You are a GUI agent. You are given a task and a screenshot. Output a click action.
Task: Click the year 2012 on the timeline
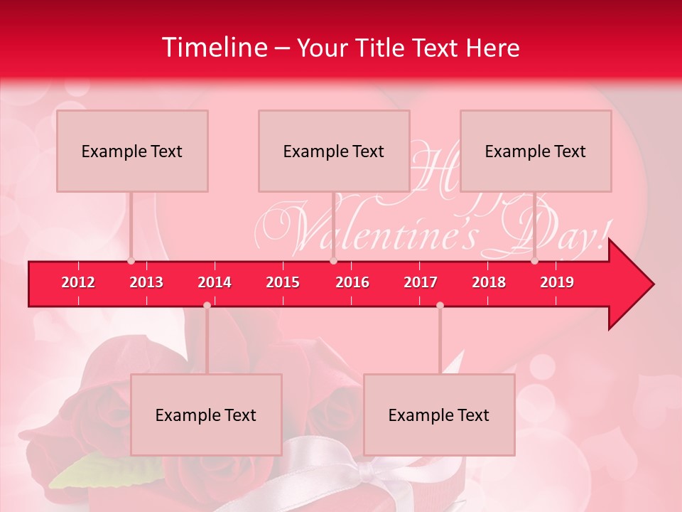[x=78, y=282]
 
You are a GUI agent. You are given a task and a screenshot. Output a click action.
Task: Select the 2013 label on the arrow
[x=146, y=282]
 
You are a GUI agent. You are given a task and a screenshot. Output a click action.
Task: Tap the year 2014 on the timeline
[x=215, y=282]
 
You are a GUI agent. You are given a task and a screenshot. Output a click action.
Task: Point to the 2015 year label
[x=283, y=282]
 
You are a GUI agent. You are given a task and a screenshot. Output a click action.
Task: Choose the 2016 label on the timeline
[x=352, y=282]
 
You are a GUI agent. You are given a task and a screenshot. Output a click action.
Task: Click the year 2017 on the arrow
[x=421, y=282]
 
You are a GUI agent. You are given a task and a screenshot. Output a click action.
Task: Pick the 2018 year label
[x=489, y=282]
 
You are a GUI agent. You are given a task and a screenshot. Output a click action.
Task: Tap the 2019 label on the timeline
[x=557, y=282]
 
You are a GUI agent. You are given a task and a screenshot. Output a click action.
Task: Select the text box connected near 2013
[x=132, y=151]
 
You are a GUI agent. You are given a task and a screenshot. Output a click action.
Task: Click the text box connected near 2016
[x=334, y=151]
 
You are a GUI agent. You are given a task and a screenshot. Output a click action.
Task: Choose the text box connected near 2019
[x=536, y=151]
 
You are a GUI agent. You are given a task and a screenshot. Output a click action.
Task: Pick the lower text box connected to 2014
[x=206, y=415]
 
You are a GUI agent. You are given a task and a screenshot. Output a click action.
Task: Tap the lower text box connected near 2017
[x=439, y=415]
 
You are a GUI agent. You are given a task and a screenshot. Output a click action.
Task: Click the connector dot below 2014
[x=207, y=305]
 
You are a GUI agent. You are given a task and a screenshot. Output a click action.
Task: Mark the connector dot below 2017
[x=440, y=305]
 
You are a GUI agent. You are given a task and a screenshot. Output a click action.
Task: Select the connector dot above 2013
[x=131, y=261]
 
